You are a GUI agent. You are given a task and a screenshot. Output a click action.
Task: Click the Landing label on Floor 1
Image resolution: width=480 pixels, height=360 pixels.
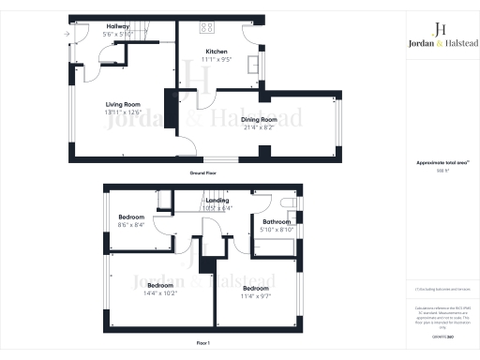(217, 200)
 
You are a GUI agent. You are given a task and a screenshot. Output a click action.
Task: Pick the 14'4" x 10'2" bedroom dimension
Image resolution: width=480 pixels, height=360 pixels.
(160, 292)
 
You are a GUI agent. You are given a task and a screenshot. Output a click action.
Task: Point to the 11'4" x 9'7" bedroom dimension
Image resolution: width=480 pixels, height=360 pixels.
(256, 296)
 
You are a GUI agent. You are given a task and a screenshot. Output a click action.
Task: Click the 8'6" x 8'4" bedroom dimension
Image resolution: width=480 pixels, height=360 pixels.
(131, 225)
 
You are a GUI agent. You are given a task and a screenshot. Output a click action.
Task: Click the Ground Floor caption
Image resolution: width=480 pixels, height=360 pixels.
(203, 173)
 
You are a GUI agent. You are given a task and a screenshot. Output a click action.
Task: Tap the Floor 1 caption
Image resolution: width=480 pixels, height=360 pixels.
(203, 345)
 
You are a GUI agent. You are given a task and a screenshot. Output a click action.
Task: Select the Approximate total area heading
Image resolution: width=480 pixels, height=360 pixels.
(438, 163)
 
